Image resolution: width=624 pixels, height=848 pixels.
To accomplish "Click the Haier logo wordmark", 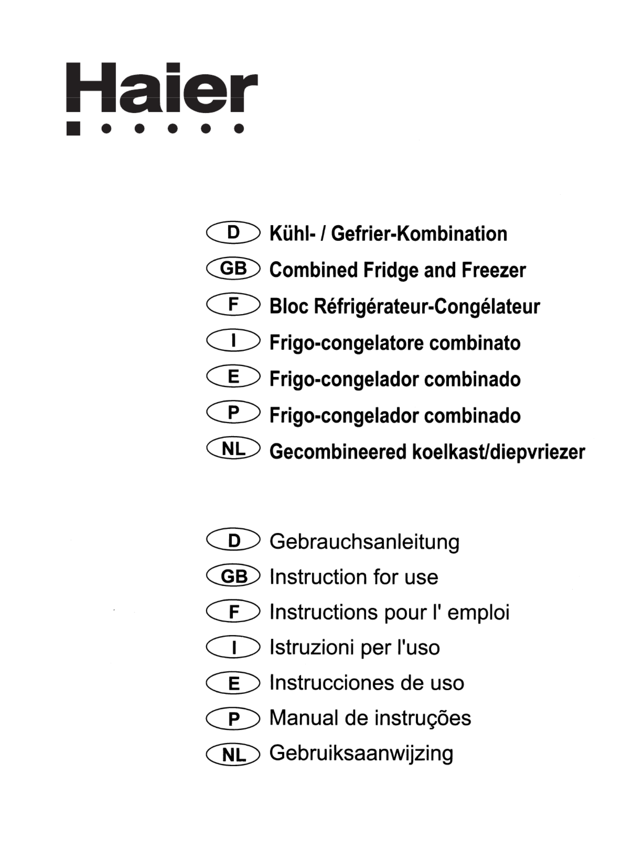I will (x=162, y=88).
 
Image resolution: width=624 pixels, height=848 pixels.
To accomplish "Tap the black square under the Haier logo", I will (x=73, y=129).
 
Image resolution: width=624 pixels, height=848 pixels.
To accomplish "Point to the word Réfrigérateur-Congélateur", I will (x=427, y=307).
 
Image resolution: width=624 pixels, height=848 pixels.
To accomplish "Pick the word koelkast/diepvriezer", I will (x=498, y=452).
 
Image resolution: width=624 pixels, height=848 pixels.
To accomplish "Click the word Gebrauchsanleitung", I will (x=364, y=541).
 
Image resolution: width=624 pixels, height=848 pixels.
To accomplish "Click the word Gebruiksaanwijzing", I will (x=361, y=753).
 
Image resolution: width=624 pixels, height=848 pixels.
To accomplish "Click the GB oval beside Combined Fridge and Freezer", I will (x=233, y=269).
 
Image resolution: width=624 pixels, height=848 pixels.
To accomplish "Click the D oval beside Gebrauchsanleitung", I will (x=233, y=540).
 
